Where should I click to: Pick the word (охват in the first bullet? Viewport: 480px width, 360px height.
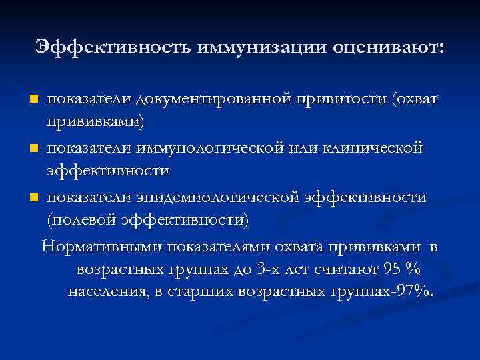[x=416, y=99]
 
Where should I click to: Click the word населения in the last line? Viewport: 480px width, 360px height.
[x=107, y=292]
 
